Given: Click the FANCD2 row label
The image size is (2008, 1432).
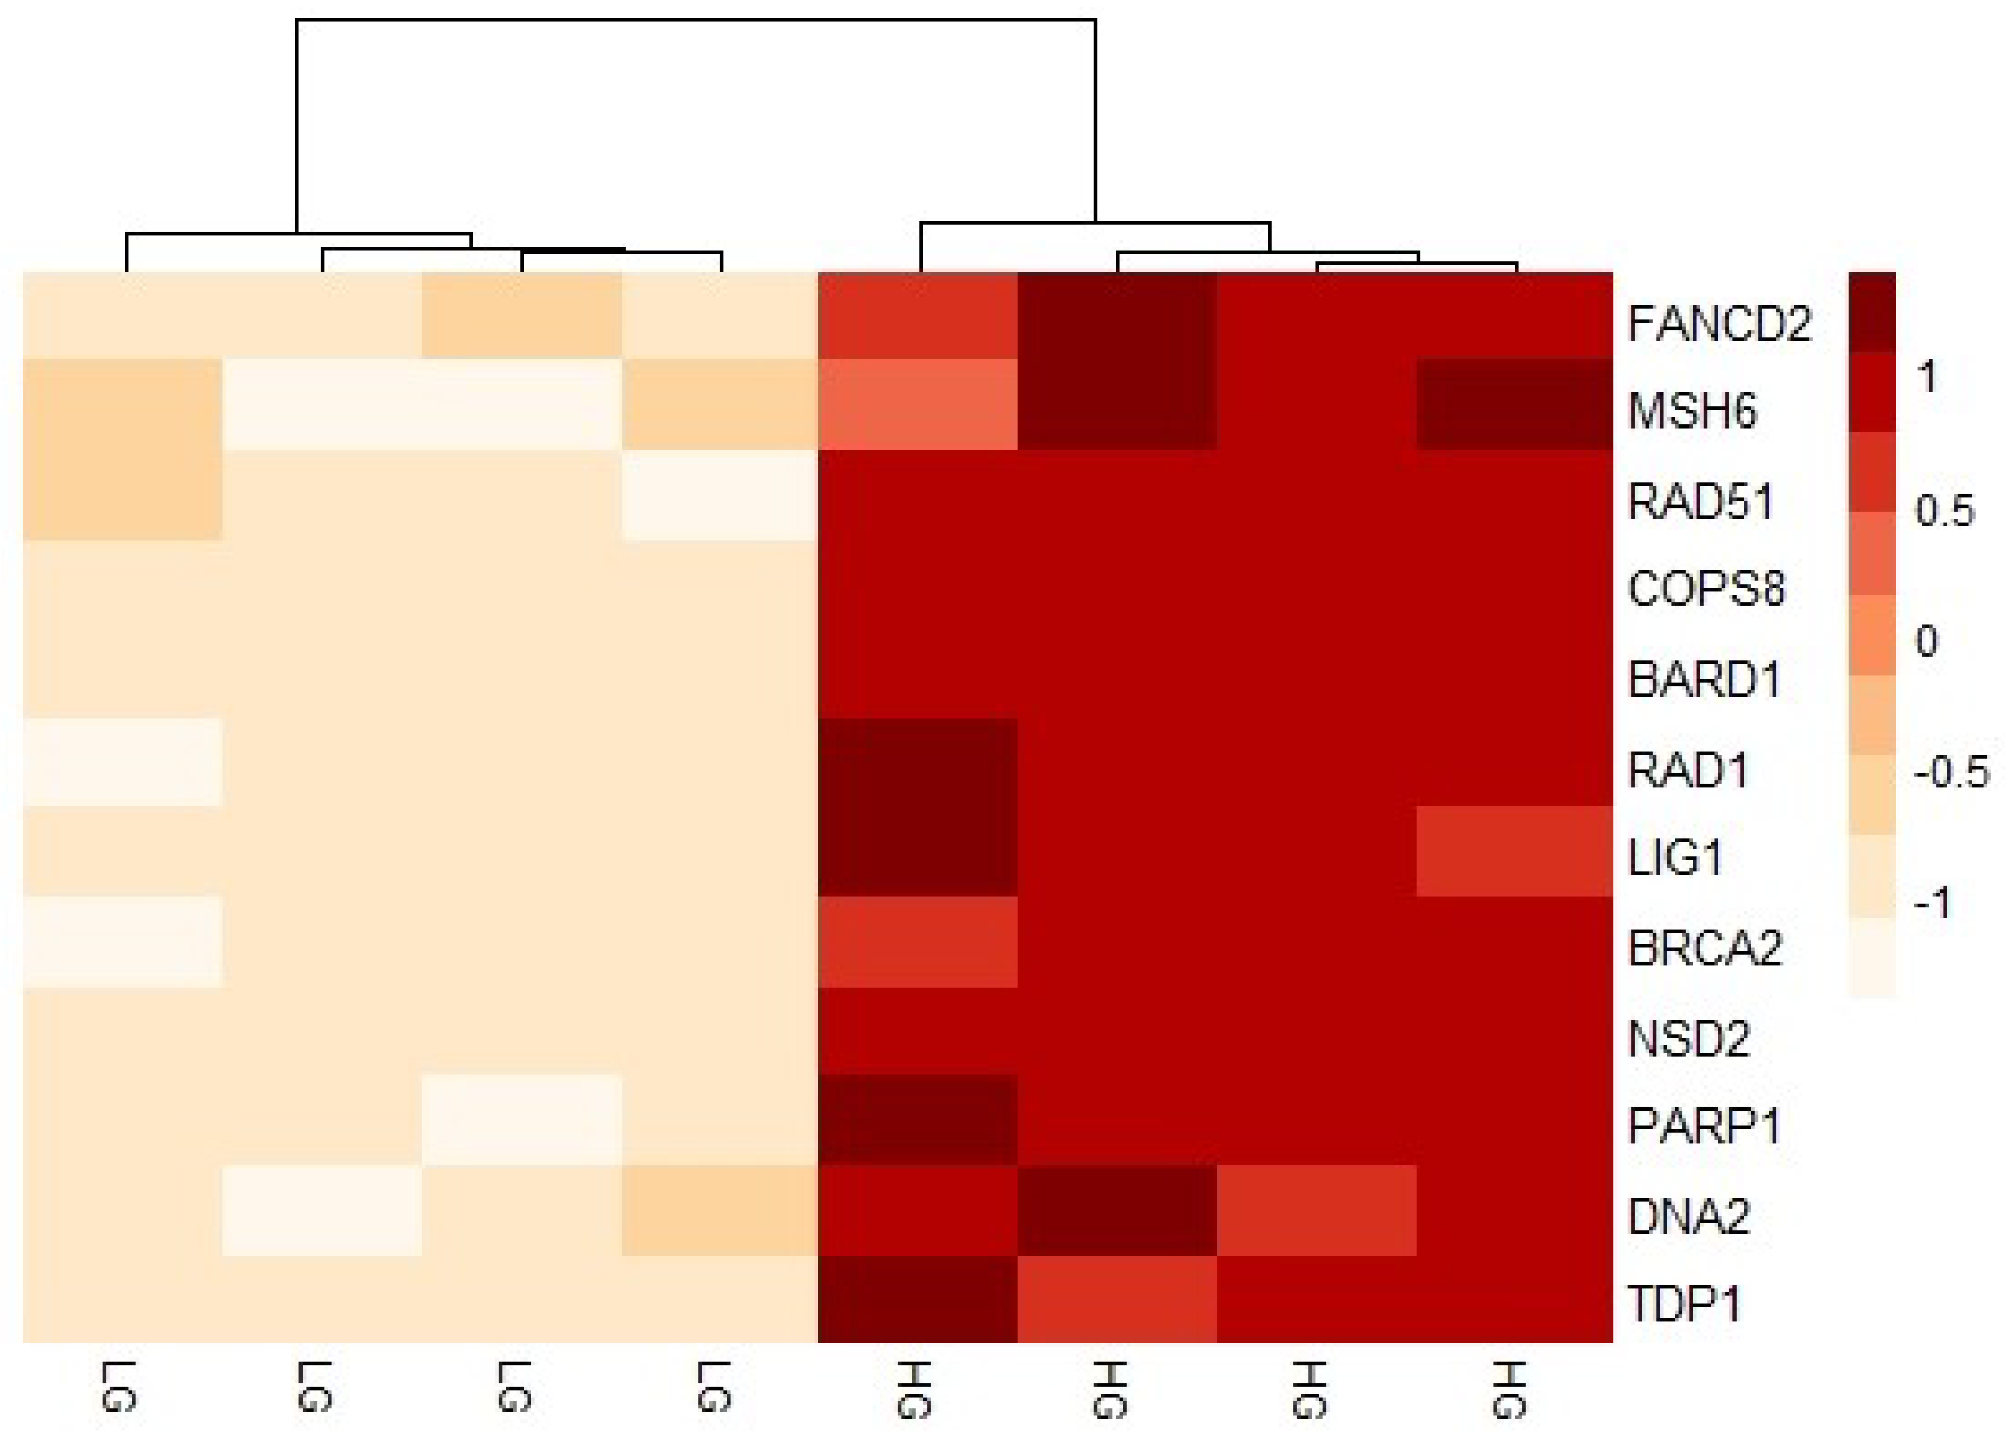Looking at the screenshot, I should [x=1719, y=324].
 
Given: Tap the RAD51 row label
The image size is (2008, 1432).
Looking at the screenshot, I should [x=1700, y=502].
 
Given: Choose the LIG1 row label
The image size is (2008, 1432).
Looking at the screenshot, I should [x=1675, y=858].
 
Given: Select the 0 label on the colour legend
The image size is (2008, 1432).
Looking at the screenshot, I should [x=1927, y=641].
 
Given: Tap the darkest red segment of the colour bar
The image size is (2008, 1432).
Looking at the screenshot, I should [x=1872, y=310].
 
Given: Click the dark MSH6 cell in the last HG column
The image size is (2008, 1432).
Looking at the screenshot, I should [x=1514, y=405].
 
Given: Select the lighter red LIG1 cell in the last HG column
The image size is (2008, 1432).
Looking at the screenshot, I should [x=1514, y=851].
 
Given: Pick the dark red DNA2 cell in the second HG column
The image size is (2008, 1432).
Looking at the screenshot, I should [x=1117, y=1209].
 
